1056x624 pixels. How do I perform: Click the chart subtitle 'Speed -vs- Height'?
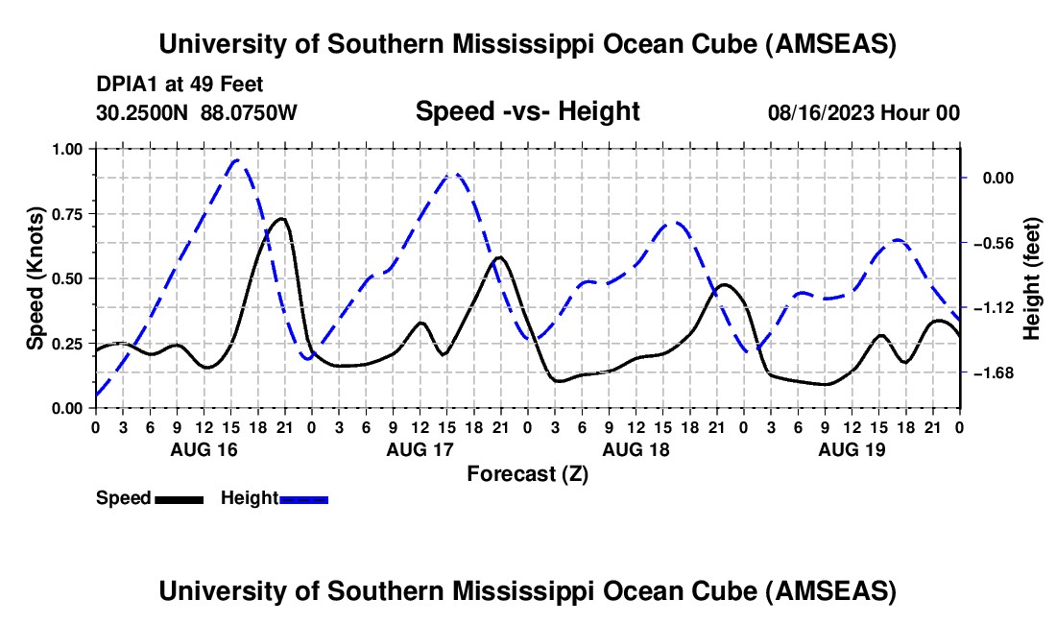pos(527,111)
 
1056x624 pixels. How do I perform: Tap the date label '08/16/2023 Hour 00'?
pos(863,112)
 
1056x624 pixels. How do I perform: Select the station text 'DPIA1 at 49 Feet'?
pos(180,85)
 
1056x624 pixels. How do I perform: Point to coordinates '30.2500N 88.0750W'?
pos(197,112)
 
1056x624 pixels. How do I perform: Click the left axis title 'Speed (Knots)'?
pos(36,278)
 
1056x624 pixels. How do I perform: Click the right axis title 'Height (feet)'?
pos(1032,278)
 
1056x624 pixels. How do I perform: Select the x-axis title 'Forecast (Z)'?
pos(527,473)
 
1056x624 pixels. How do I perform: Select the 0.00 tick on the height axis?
pos(998,178)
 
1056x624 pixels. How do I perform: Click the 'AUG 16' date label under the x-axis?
pos(204,449)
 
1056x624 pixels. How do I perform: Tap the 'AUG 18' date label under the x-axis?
pos(636,449)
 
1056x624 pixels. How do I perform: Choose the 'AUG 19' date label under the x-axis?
pos(852,449)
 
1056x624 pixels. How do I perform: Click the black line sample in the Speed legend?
pos(179,499)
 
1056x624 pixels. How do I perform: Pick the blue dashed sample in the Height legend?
pos(304,499)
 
